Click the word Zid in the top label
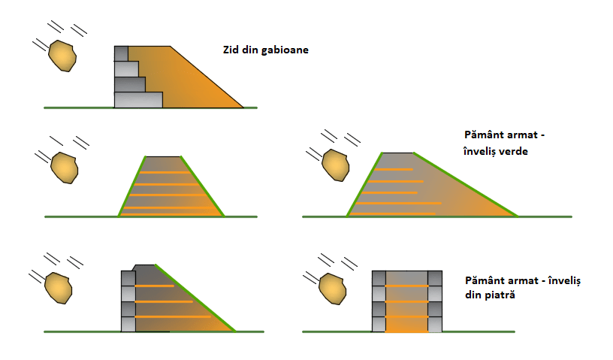[231, 50]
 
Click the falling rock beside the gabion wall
[62, 56]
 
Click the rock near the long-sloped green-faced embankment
[335, 166]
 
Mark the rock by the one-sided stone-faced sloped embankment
[58, 286]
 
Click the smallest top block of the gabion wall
[122, 53]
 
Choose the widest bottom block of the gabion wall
[138, 99]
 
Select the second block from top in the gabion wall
[126, 68]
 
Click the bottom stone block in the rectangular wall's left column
[379, 324]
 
